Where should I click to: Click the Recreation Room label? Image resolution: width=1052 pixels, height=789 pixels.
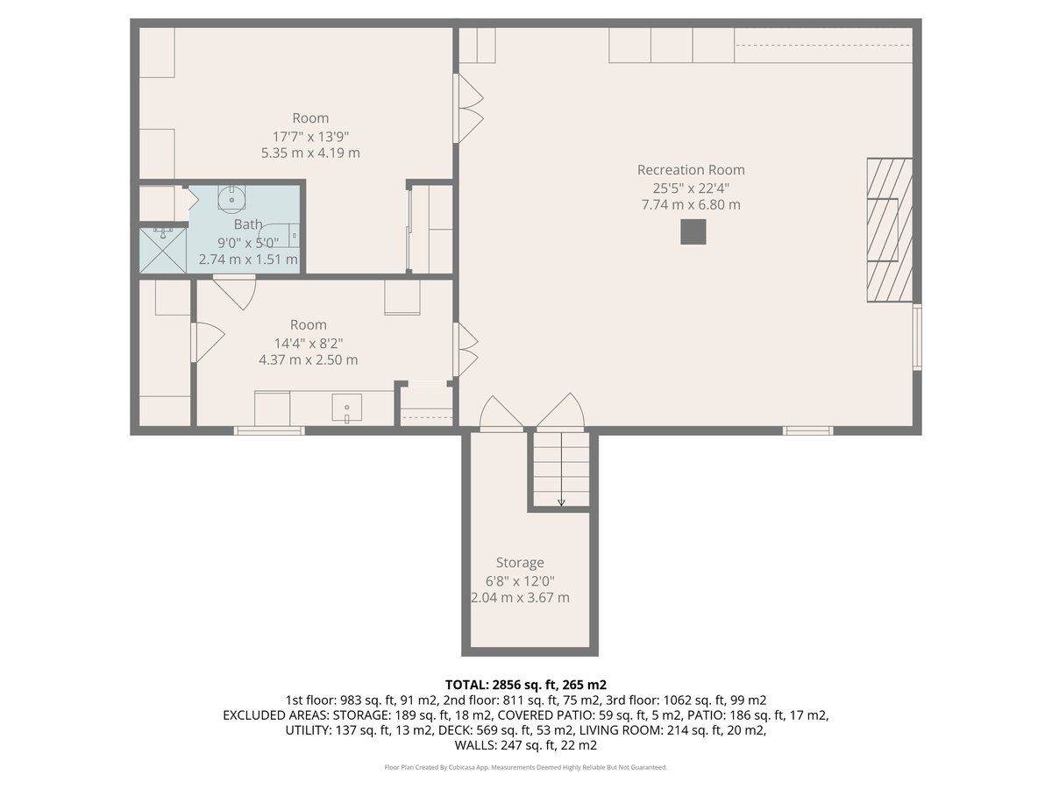(x=691, y=170)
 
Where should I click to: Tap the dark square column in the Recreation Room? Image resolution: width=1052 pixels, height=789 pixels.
(x=693, y=231)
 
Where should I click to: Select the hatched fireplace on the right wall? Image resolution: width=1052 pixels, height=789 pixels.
(x=890, y=230)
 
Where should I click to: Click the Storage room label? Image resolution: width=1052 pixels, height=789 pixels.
(x=520, y=563)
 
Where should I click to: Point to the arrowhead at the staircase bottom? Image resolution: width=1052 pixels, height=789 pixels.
(x=561, y=502)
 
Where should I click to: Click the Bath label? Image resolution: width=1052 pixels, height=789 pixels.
(x=248, y=224)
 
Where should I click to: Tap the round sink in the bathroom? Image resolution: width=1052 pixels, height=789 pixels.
(x=232, y=198)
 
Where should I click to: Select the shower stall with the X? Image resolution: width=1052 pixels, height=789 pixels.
(x=162, y=251)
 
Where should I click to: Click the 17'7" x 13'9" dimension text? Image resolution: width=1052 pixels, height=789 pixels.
(x=310, y=137)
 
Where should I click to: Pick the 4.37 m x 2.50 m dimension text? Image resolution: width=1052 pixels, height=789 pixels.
(x=309, y=359)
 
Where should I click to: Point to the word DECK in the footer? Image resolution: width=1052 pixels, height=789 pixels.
(x=486, y=730)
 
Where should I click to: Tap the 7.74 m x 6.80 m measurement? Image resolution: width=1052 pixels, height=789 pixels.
(x=691, y=205)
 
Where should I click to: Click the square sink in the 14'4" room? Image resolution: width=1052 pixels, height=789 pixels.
(x=347, y=408)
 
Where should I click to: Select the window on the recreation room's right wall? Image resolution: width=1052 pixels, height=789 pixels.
(x=917, y=337)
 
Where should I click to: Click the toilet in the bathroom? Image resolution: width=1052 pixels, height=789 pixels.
(x=280, y=235)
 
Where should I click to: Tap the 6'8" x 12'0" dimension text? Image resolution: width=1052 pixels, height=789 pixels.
(x=520, y=581)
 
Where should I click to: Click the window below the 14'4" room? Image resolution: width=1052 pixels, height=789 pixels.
(x=269, y=430)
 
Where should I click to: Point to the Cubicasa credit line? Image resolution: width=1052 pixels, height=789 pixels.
(x=526, y=767)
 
